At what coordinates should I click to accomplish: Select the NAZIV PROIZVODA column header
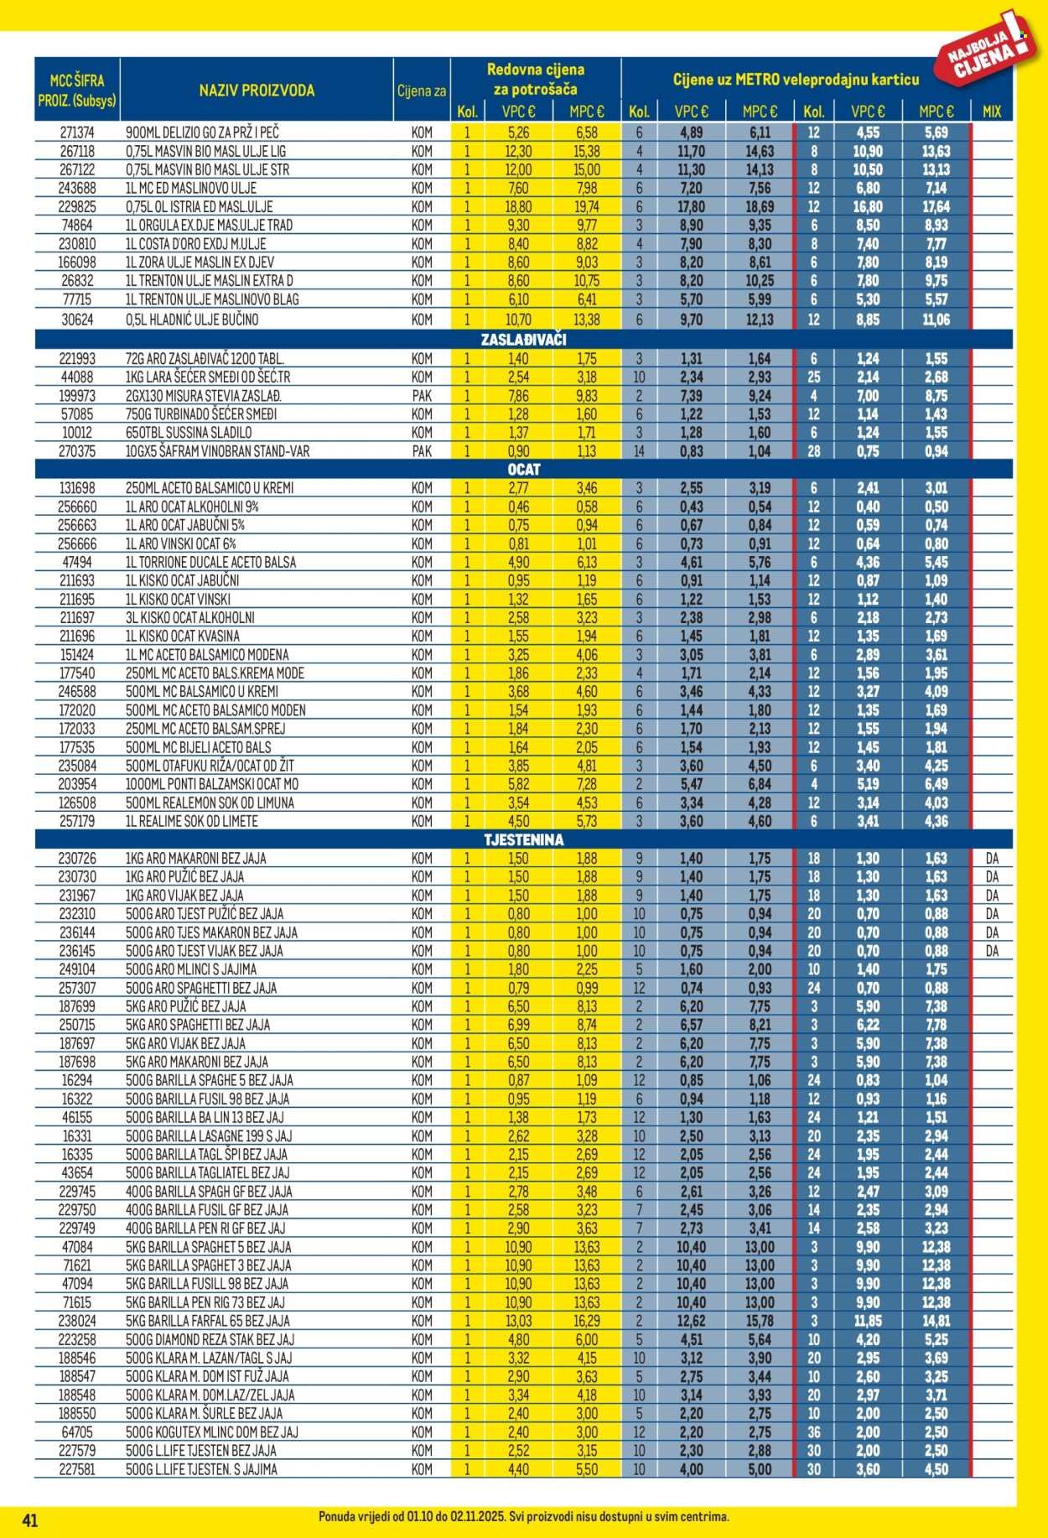257,91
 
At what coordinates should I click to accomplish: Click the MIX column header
991,112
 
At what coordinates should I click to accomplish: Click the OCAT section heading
524,470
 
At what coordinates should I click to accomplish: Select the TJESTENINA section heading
524,839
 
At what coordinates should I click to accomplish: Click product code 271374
77,132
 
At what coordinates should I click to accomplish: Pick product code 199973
77,396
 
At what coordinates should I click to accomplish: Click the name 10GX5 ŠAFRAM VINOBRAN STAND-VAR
217,451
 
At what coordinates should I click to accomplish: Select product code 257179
77,821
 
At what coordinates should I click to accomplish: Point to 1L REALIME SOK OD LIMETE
192,821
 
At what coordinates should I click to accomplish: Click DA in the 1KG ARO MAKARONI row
992,858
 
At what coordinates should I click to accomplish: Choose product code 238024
77,1321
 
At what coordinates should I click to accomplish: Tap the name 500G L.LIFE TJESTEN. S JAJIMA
201,1468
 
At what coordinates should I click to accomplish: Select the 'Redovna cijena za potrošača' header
535,79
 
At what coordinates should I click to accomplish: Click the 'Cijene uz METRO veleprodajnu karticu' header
796,80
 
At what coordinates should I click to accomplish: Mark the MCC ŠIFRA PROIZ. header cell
77,91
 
